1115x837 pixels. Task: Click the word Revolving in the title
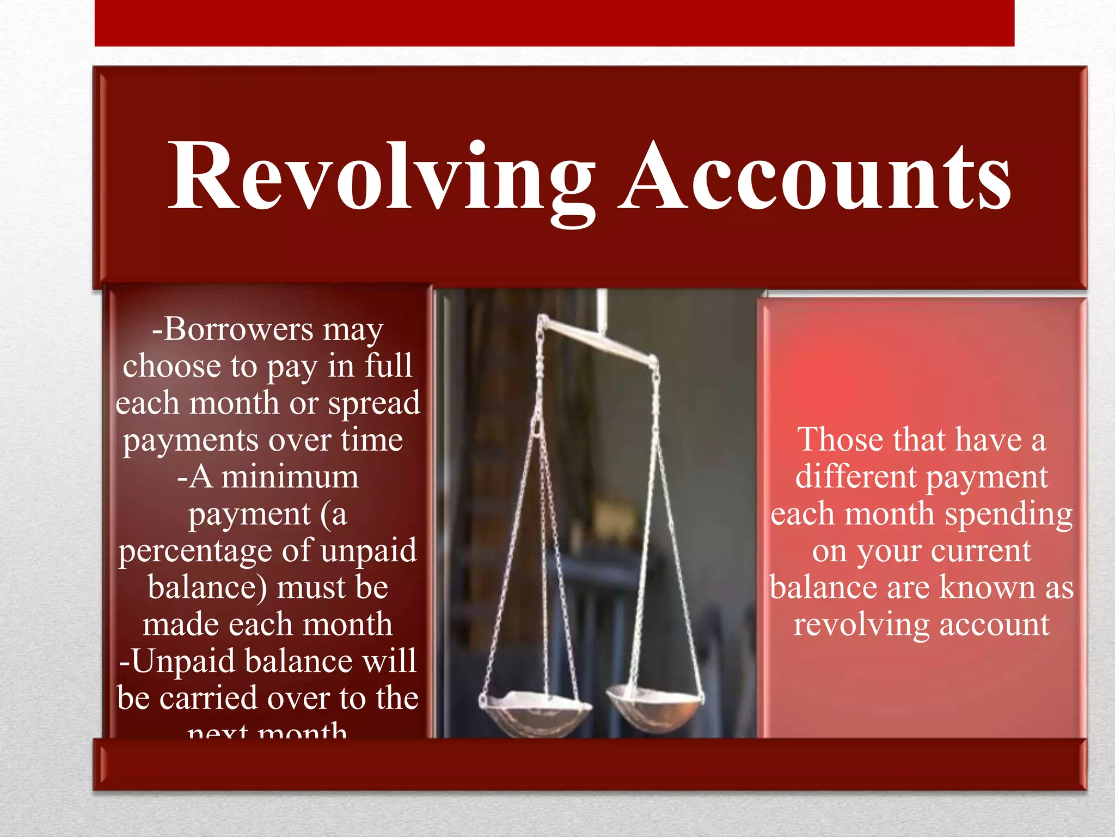pos(381,177)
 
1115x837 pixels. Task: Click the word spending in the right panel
pos(1008,515)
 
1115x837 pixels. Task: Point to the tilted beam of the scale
pos(599,341)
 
